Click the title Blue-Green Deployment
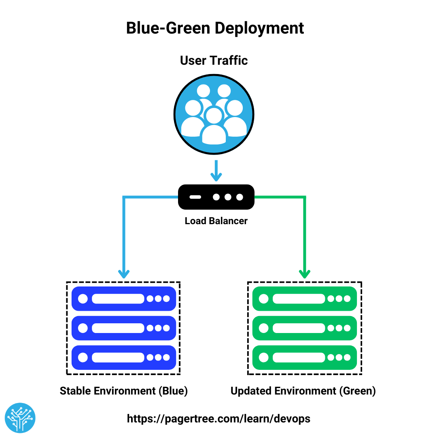click(215, 28)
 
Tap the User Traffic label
click(214, 60)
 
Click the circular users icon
click(214, 114)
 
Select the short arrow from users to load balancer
click(216, 170)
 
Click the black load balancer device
click(216, 197)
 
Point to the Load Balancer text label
click(216, 221)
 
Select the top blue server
click(123, 299)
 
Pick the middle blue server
click(123, 328)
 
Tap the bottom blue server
click(123, 357)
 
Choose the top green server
click(304, 299)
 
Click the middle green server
click(304, 328)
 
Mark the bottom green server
click(304, 357)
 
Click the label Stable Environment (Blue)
click(124, 391)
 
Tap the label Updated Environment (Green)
click(303, 391)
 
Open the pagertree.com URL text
click(218, 418)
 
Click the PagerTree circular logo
click(20, 418)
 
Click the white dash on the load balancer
click(195, 197)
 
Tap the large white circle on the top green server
click(263, 299)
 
